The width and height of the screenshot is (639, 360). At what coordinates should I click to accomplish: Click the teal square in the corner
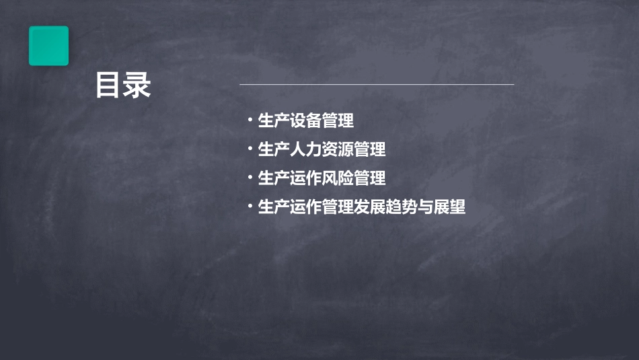[x=48, y=46]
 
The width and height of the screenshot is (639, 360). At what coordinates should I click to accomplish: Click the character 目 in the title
[x=108, y=86]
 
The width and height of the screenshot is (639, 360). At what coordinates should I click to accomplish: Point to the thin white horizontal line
[x=377, y=85]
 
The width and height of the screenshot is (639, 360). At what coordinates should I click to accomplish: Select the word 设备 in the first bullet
[x=306, y=122]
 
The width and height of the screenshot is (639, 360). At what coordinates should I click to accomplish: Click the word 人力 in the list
[x=306, y=150]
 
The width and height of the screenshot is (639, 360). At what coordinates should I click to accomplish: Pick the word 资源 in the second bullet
[x=338, y=150]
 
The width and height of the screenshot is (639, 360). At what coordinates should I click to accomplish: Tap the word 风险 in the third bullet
[x=338, y=178]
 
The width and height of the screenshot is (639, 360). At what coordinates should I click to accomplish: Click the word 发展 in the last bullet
[x=370, y=207]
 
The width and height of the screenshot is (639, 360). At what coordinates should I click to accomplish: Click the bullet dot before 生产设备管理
[x=250, y=121]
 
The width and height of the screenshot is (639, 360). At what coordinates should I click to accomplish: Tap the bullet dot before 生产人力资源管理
[x=250, y=149]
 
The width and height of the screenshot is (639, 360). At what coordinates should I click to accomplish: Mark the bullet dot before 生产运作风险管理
[x=250, y=178]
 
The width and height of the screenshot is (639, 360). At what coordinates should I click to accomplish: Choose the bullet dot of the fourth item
[x=250, y=207]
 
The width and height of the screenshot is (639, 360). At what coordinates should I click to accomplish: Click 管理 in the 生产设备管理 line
[x=338, y=122]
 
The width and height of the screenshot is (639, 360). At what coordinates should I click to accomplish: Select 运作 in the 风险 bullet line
[x=306, y=178]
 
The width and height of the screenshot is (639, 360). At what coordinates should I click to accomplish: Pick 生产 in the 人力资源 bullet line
[x=274, y=150]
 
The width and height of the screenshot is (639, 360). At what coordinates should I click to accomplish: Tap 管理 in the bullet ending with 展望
[x=338, y=207]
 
